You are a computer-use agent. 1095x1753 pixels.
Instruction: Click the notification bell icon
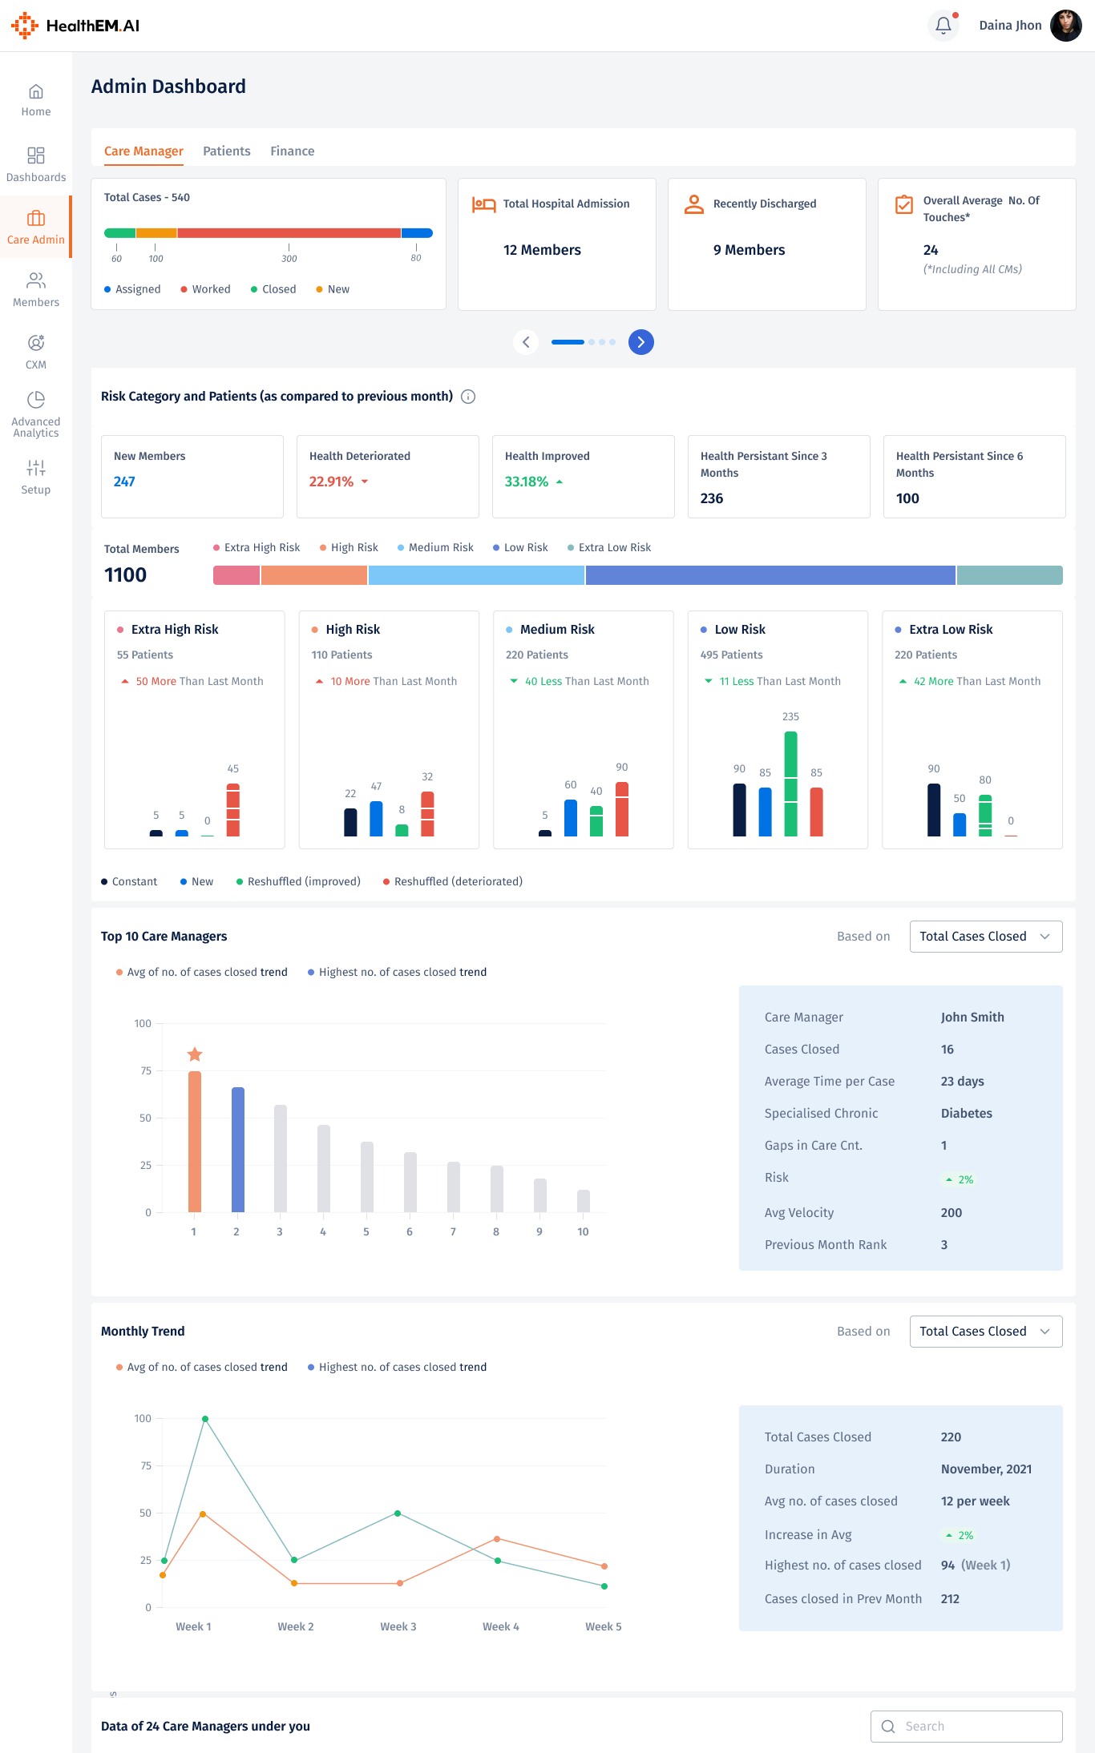click(943, 26)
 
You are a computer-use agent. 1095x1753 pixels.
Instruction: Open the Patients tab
click(226, 151)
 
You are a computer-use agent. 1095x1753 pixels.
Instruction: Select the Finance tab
click(292, 151)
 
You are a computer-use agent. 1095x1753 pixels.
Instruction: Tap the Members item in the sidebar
click(36, 289)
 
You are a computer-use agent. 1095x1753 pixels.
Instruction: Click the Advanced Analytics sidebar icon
click(36, 399)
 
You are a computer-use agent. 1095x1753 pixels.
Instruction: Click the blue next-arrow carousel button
click(640, 342)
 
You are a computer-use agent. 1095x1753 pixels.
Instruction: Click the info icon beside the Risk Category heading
click(468, 397)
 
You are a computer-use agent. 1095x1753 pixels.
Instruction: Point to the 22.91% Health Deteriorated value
click(331, 482)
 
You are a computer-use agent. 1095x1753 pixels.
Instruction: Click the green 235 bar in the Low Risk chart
click(790, 783)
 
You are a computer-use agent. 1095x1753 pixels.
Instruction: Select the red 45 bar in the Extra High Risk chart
click(232, 809)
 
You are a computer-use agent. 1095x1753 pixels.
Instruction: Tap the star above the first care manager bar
click(195, 1054)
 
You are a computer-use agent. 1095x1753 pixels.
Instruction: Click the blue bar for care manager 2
click(237, 1149)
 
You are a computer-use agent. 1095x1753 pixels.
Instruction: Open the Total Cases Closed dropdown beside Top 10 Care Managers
click(985, 937)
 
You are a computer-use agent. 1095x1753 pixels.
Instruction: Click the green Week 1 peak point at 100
click(205, 1419)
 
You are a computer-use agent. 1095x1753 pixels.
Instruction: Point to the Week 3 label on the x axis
click(398, 1626)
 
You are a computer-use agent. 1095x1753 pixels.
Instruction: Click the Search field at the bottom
click(966, 1727)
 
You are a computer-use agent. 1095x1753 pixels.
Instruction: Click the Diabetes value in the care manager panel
click(966, 1113)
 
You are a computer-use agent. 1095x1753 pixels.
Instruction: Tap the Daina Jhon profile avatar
click(1065, 26)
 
